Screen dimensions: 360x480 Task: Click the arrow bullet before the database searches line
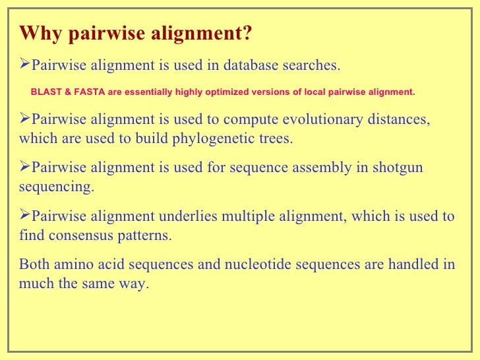(25, 65)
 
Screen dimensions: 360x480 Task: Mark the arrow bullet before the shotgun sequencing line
(25, 167)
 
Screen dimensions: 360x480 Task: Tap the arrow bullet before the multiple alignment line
(25, 216)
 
